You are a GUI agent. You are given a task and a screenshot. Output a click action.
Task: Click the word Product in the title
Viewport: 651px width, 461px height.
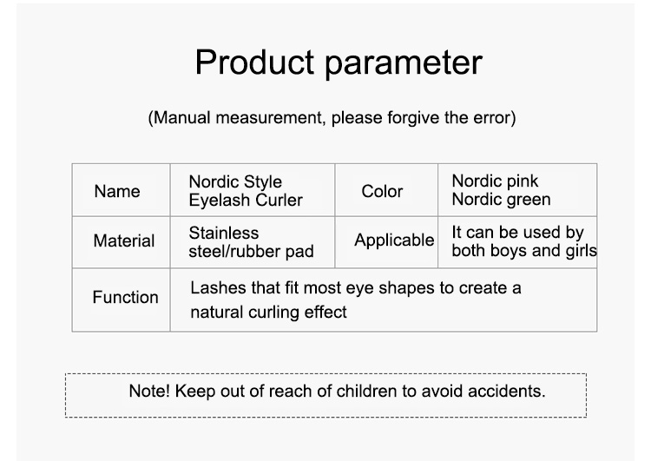(254, 62)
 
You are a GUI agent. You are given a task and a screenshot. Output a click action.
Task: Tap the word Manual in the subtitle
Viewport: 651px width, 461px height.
(182, 118)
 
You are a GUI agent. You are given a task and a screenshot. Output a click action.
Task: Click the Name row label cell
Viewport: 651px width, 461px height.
(121, 190)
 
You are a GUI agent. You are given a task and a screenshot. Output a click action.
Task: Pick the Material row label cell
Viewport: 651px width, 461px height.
(121, 242)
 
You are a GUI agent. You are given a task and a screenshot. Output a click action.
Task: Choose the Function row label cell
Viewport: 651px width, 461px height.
(121, 300)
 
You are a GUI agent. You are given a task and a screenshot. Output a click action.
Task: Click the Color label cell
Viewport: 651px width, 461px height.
(386, 190)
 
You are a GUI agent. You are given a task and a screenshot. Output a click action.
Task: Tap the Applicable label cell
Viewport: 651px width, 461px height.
(386, 242)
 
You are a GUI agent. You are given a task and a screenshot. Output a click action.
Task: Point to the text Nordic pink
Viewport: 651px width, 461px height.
(495, 181)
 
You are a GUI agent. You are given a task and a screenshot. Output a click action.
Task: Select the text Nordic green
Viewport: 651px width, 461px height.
(501, 200)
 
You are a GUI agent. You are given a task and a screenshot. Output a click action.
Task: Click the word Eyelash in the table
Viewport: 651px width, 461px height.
(220, 201)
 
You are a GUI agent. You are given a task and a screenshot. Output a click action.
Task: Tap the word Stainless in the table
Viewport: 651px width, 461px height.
(224, 233)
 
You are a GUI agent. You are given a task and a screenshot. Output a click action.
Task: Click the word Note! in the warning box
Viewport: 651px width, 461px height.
(149, 391)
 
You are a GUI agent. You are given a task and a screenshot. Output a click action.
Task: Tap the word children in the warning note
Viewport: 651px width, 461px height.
(367, 391)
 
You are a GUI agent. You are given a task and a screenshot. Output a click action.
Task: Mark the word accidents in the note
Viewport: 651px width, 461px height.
(507, 391)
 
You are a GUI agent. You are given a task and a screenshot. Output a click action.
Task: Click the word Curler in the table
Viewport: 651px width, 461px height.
(279, 201)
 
